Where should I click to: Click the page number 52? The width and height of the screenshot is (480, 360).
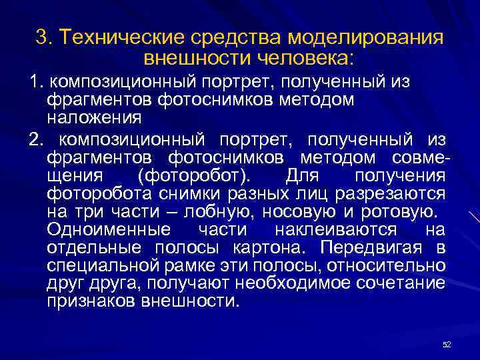447,344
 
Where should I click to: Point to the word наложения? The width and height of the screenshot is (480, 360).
94,117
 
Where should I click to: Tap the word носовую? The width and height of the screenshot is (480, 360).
300,212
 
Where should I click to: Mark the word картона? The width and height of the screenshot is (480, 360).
271,248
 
